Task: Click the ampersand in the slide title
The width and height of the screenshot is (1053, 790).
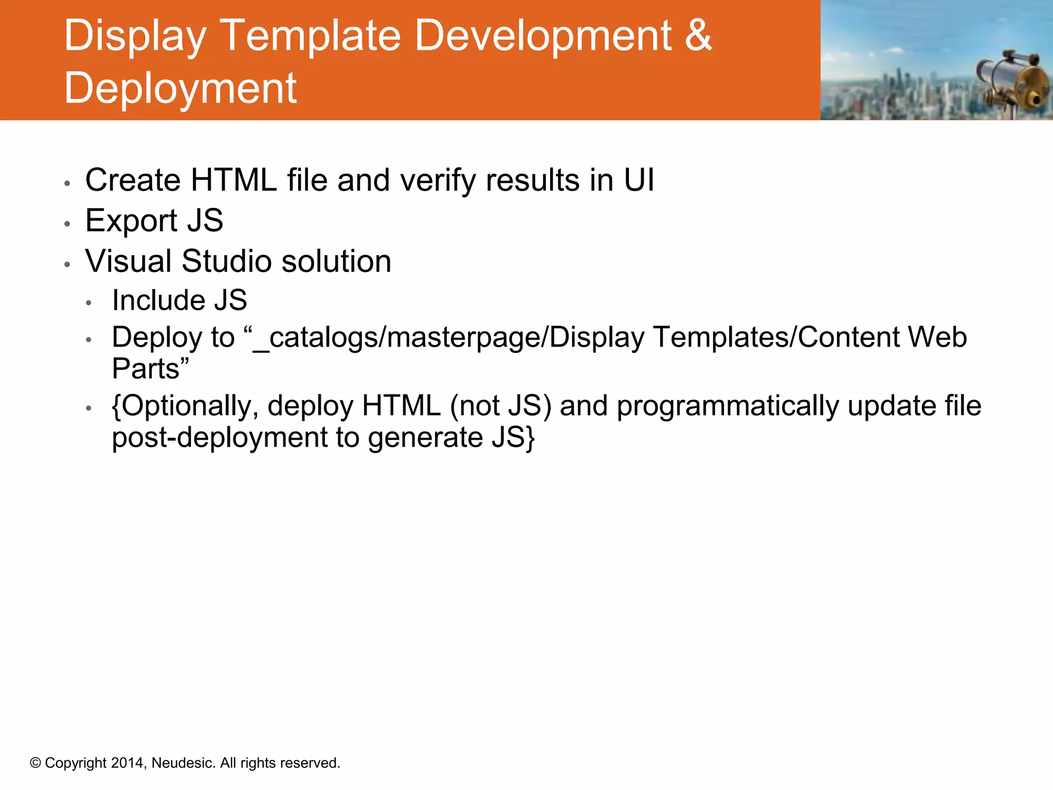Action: coord(698,36)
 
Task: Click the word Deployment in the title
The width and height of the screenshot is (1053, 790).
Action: coord(180,88)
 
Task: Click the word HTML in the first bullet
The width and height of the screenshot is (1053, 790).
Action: coord(233,181)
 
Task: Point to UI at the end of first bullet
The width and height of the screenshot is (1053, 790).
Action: coord(639,181)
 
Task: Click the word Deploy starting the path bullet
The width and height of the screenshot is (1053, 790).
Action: coord(157,338)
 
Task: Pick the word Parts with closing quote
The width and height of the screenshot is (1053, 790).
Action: coord(150,369)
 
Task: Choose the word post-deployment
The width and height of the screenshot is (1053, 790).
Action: coord(220,438)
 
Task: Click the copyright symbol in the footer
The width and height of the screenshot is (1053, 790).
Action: coord(35,763)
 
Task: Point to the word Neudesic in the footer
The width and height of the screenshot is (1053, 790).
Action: coord(183,763)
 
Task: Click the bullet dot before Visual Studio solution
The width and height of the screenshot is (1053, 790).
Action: coord(67,264)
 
